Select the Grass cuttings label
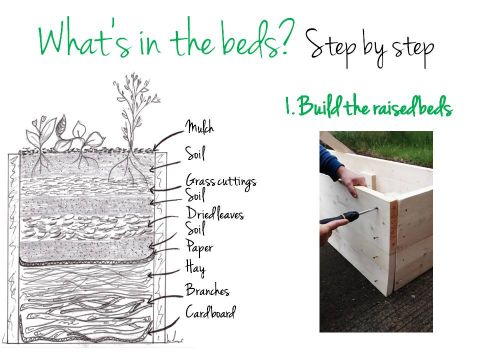(220, 181)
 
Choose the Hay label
(195, 268)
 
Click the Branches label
(207, 291)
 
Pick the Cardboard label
(210, 314)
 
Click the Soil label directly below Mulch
(197, 155)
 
